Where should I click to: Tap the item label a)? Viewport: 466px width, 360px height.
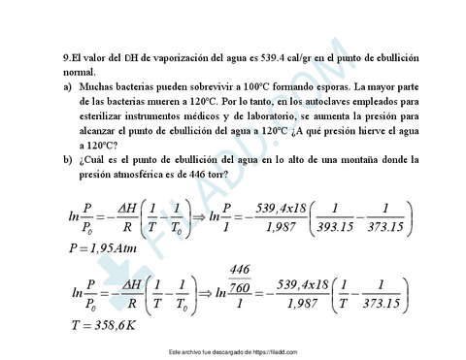point(66,84)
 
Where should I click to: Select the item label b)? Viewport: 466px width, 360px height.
point(66,158)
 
